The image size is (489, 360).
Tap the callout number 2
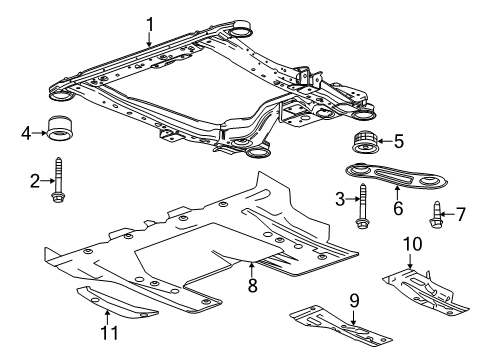tap(33, 180)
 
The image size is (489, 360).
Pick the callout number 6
tap(398, 210)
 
